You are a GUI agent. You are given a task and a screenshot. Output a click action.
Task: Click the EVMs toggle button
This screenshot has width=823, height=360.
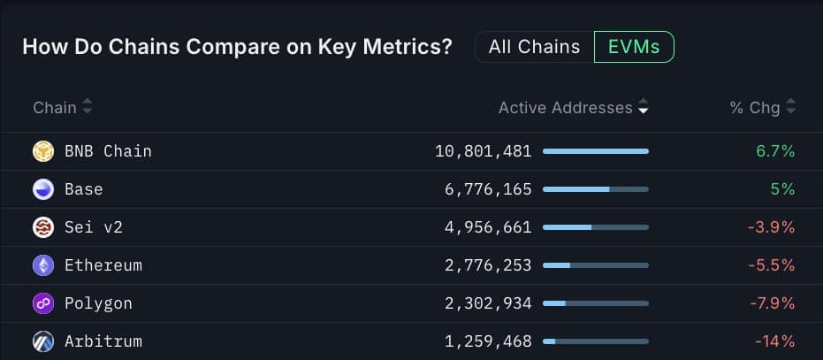(634, 47)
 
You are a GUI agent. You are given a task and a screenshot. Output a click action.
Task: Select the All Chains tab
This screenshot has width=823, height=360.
(534, 47)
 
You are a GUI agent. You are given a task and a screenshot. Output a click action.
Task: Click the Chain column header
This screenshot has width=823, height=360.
(55, 108)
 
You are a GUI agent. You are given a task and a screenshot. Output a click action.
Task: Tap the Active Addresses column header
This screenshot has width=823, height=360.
(566, 108)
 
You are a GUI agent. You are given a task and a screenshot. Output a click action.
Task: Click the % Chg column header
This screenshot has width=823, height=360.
(755, 108)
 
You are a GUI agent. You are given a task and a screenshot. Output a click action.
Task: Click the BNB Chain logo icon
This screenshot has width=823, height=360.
(43, 151)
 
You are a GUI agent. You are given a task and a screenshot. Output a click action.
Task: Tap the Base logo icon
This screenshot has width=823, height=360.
(43, 189)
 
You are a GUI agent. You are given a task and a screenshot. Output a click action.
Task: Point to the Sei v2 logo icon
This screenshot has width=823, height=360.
(43, 227)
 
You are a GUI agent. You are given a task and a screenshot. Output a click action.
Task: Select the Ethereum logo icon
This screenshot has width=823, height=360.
(43, 265)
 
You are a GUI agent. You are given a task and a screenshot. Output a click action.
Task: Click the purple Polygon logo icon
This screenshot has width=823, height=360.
(43, 303)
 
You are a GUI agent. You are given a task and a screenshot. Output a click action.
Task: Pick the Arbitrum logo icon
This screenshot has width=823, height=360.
(43, 341)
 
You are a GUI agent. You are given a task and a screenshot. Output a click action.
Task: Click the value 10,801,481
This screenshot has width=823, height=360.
(484, 151)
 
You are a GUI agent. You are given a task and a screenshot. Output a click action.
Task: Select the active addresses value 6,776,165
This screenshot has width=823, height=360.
(489, 189)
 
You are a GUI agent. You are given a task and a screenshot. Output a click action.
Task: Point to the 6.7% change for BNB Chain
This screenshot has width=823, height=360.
(775, 151)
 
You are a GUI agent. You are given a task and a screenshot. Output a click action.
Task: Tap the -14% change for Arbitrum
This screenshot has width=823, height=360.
(774, 341)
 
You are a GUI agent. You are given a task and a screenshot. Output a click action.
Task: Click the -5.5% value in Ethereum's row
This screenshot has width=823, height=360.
(771, 265)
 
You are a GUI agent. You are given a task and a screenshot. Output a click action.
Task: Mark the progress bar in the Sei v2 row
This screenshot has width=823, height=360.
(595, 227)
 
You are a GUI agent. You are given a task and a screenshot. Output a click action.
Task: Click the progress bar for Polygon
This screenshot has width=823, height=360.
(595, 303)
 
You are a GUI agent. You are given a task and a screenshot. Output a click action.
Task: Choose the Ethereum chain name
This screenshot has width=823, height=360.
(103, 265)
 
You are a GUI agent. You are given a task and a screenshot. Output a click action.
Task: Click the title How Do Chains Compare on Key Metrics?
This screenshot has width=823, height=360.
(237, 47)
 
